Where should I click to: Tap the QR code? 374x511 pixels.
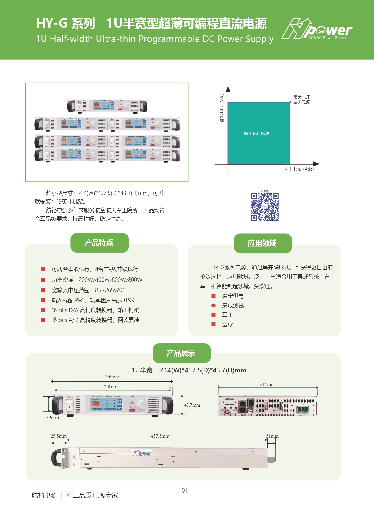(265, 207)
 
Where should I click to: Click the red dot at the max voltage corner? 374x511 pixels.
(290, 102)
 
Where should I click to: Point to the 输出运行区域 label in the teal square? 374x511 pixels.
(257, 133)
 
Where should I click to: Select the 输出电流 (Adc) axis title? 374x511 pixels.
(299, 169)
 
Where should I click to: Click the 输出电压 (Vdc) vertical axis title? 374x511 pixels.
(221, 108)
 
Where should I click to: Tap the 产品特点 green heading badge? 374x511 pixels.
(99, 243)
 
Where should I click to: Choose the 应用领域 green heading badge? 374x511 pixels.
(263, 243)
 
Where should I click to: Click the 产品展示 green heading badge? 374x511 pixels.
(181, 353)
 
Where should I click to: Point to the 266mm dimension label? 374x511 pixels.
(112, 377)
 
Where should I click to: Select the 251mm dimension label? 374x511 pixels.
(111, 387)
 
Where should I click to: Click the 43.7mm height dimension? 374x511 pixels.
(192, 405)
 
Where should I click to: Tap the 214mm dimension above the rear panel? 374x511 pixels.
(267, 384)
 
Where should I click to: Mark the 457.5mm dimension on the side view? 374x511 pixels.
(160, 436)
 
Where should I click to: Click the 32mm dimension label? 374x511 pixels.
(53, 418)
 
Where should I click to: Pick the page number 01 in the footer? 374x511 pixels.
(184, 490)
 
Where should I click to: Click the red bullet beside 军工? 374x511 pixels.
(213, 315)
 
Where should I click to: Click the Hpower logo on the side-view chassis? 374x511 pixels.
(142, 453)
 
